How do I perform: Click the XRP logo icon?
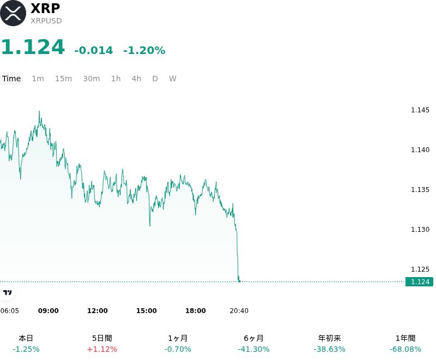click(x=13, y=13)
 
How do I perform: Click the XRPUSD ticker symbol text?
click(x=46, y=21)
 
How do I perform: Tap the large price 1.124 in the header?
click(x=33, y=47)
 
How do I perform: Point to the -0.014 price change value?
click(x=94, y=50)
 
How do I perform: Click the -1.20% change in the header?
click(x=144, y=50)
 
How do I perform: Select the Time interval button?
click(x=11, y=79)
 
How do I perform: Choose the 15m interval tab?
click(x=63, y=79)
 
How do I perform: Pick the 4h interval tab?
click(x=136, y=79)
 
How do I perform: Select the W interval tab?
click(x=173, y=79)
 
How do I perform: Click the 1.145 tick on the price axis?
click(x=420, y=110)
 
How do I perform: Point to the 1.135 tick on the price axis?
click(x=420, y=189)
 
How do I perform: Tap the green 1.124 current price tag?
click(x=419, y=282)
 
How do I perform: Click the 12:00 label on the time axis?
click(x=98, y=311)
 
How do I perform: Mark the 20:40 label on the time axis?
click(x=239, y=311)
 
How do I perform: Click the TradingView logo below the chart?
click(x=7, y=292)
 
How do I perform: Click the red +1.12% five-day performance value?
click(x=102, y=349)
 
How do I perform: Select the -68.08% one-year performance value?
click(x=405, y=349)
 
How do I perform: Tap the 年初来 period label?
click(x=330, y=338)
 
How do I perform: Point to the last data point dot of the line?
click(x=239, y=281)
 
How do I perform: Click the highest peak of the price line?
click(x=39, y=111)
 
